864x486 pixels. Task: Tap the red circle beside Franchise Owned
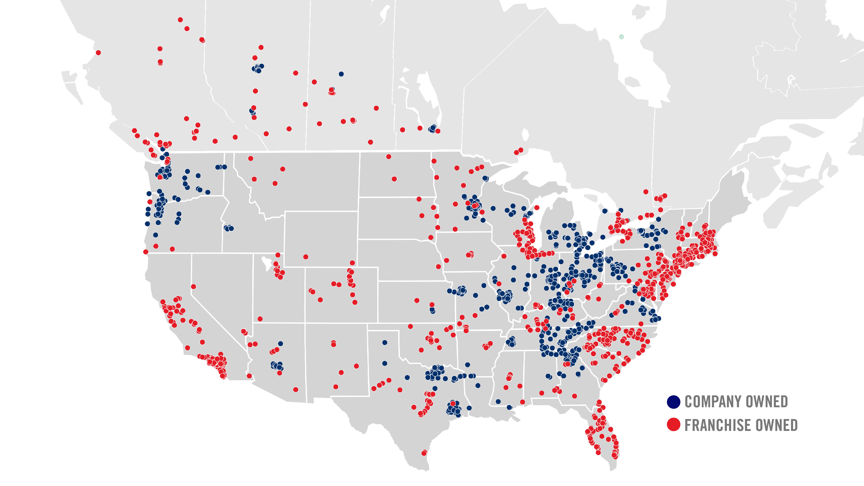(x=673, y=425)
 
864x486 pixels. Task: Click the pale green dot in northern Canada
(x=621, y=37)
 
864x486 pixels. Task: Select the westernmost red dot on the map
(x=98, y=53)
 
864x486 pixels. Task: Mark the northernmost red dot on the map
(x=180, y=20)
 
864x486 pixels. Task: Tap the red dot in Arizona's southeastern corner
(x=295, y=389)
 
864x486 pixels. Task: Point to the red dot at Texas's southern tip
(x=424, y=453)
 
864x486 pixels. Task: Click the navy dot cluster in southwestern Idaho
(x=229, y=228)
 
